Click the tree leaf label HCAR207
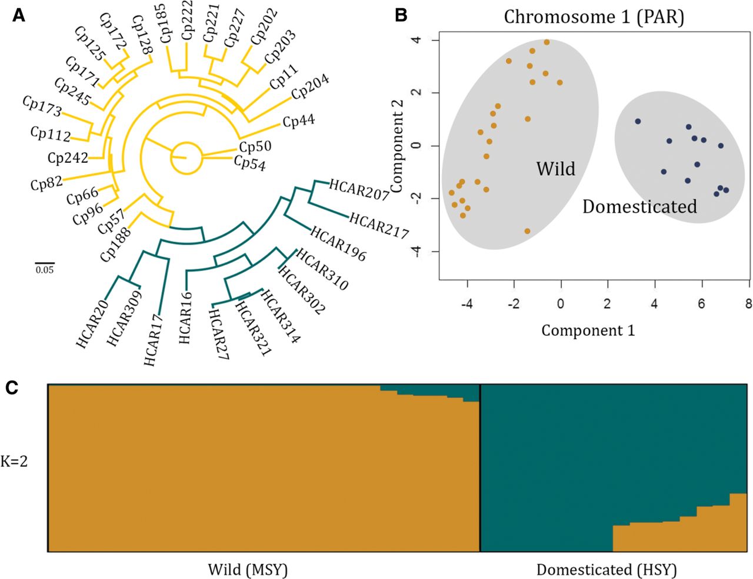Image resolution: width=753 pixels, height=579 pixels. coord(359,189)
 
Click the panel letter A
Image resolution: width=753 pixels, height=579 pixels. coord(19,16)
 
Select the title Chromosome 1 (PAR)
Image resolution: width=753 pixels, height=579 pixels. coord(594,17)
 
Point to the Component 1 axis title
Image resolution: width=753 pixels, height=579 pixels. coord(588,330)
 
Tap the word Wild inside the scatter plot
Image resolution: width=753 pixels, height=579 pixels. coord(555,169)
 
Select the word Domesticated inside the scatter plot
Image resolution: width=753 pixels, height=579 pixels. coord(639,206)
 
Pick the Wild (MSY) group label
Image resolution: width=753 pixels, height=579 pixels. coord(247,570)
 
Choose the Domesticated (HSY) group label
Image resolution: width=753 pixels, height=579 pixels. coord(607,570)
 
